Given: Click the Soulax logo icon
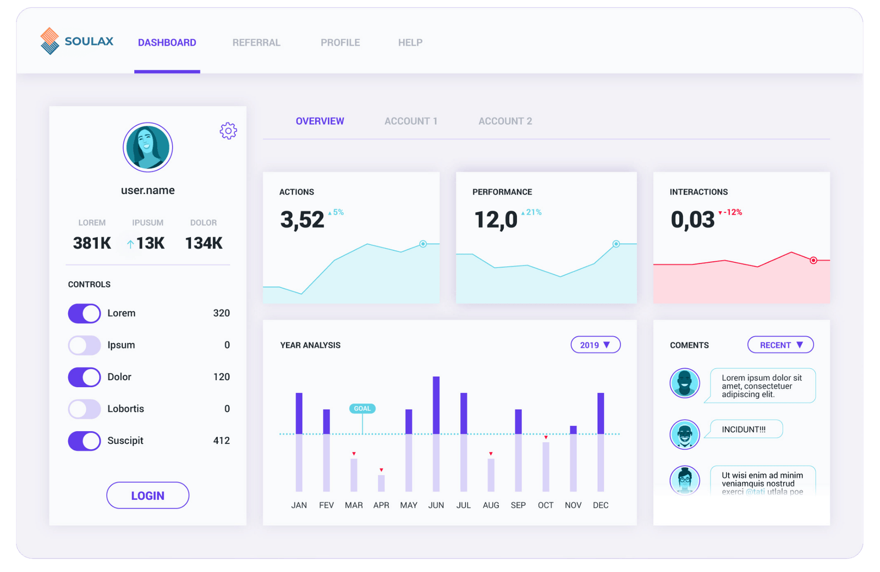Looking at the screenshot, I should click(x=50, y=41).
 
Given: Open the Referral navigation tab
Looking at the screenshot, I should click(x=256, y=42).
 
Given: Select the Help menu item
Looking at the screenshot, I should click(x=410, y=42).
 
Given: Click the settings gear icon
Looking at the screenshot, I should click(x=228, y=131).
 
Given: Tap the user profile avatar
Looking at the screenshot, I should click(x=148, y=147).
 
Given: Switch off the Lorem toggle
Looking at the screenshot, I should click(x=84, y=313).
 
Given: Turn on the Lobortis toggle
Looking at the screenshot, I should click(x=84, y=409).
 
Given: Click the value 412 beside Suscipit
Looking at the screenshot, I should click(x=221, y=441).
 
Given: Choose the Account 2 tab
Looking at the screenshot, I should click(x=505, y=121).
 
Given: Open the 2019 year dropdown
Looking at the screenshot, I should click(x=596, y=345).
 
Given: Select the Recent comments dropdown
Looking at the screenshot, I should click(x=780, y=345).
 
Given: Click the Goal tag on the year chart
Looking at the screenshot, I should click(x=362, y=409).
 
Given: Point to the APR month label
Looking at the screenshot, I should click(x=381, y=505).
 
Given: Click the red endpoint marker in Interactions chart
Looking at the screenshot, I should click(x=813, y=260).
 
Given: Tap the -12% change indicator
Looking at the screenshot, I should click(x=732, y=212).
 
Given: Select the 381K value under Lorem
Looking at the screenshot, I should click(x=92, y=243).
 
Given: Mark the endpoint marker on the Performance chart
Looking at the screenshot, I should click(x=616, y=244).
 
